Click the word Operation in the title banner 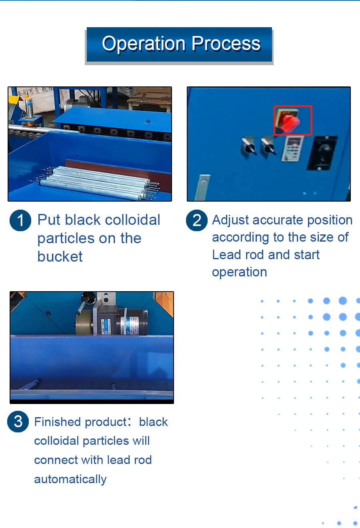(144, 44)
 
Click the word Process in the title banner (226, 43)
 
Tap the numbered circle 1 (20, 220)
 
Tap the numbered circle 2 (197, 220)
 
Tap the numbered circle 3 (18, 422)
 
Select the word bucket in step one (60, 256)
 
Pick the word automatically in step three (70, 479)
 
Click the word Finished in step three (57, 422)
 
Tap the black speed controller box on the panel (322, 153)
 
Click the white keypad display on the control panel (292, 149)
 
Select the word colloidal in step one (132, 220)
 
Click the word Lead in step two (226, 254)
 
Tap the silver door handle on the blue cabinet (203, 188)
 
